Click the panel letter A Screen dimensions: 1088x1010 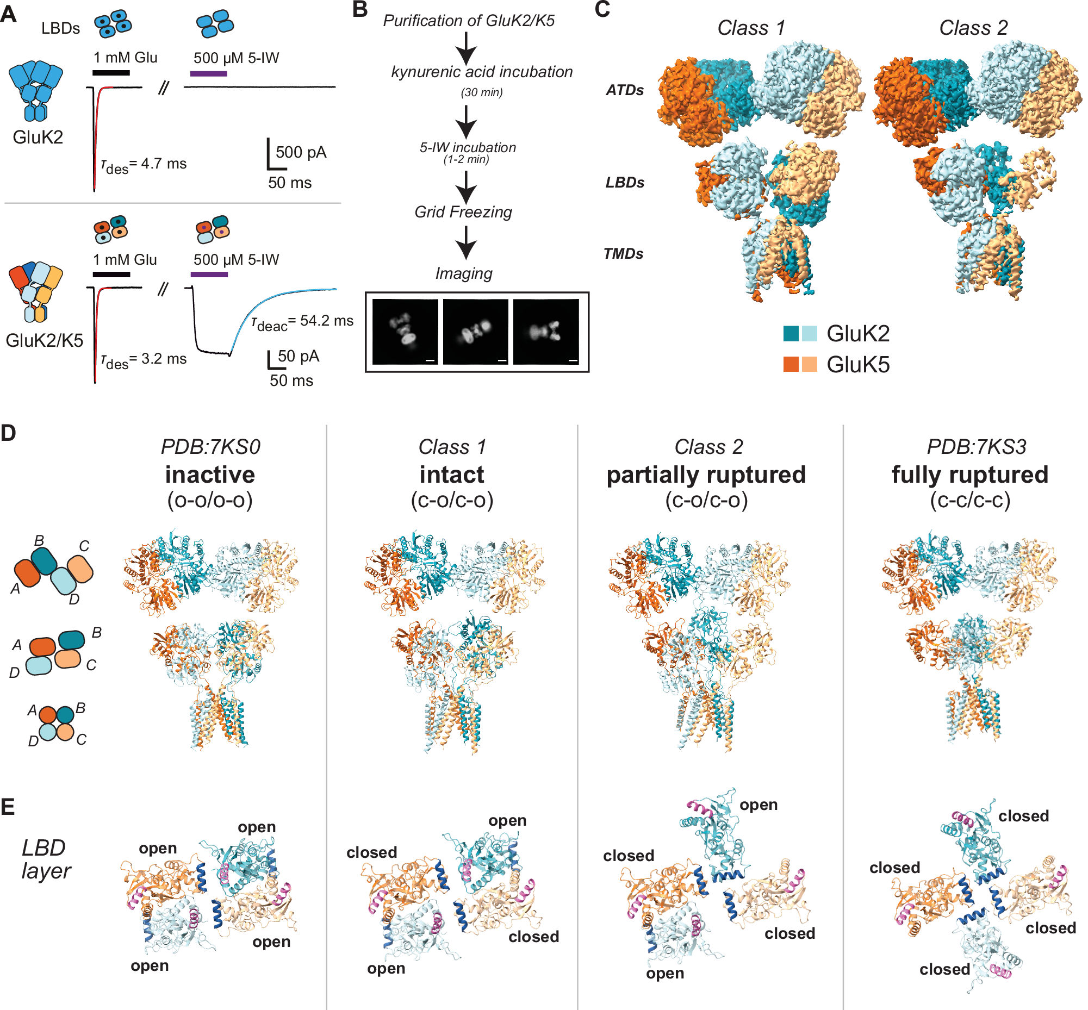[x=8, y=14]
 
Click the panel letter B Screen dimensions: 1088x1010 [x=360, y=10]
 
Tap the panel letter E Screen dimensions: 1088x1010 [x=8, y=807]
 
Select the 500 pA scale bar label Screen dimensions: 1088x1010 [x=301, y=152]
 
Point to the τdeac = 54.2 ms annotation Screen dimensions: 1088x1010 [x=302, y=322]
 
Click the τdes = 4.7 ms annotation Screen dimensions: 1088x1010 [x=144, y=165]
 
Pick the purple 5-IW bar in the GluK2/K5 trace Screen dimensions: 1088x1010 [x=209, y=275]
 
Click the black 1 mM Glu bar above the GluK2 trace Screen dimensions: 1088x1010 [x=111, y=72]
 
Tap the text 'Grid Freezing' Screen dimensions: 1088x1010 [x=463, y=212]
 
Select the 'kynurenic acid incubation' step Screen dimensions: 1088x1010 [x=482, y=72]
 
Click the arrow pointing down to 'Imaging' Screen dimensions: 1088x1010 [x=466, y=243]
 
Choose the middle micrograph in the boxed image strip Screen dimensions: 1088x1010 [x=476, y=331]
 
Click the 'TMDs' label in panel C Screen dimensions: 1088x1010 [x=623, y=254]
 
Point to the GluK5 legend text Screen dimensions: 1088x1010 [x=858, y=365]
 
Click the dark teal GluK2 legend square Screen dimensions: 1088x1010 [x=791, y=333]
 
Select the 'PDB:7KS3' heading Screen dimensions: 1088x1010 [x=977, y=446]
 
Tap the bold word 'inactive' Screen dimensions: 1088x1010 [x=210, y=474]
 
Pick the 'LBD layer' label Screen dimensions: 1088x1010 [x=46, y=859]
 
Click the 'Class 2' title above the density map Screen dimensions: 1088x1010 [x=973, y=27]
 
